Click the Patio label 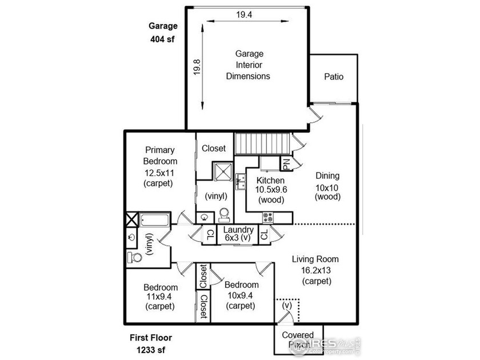coord(334,77)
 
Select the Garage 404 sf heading coord(163,33)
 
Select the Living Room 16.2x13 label coord(316,270)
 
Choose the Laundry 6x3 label coord(238,234)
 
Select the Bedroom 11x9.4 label coord(161,297)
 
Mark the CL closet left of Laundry coord(210,235)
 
